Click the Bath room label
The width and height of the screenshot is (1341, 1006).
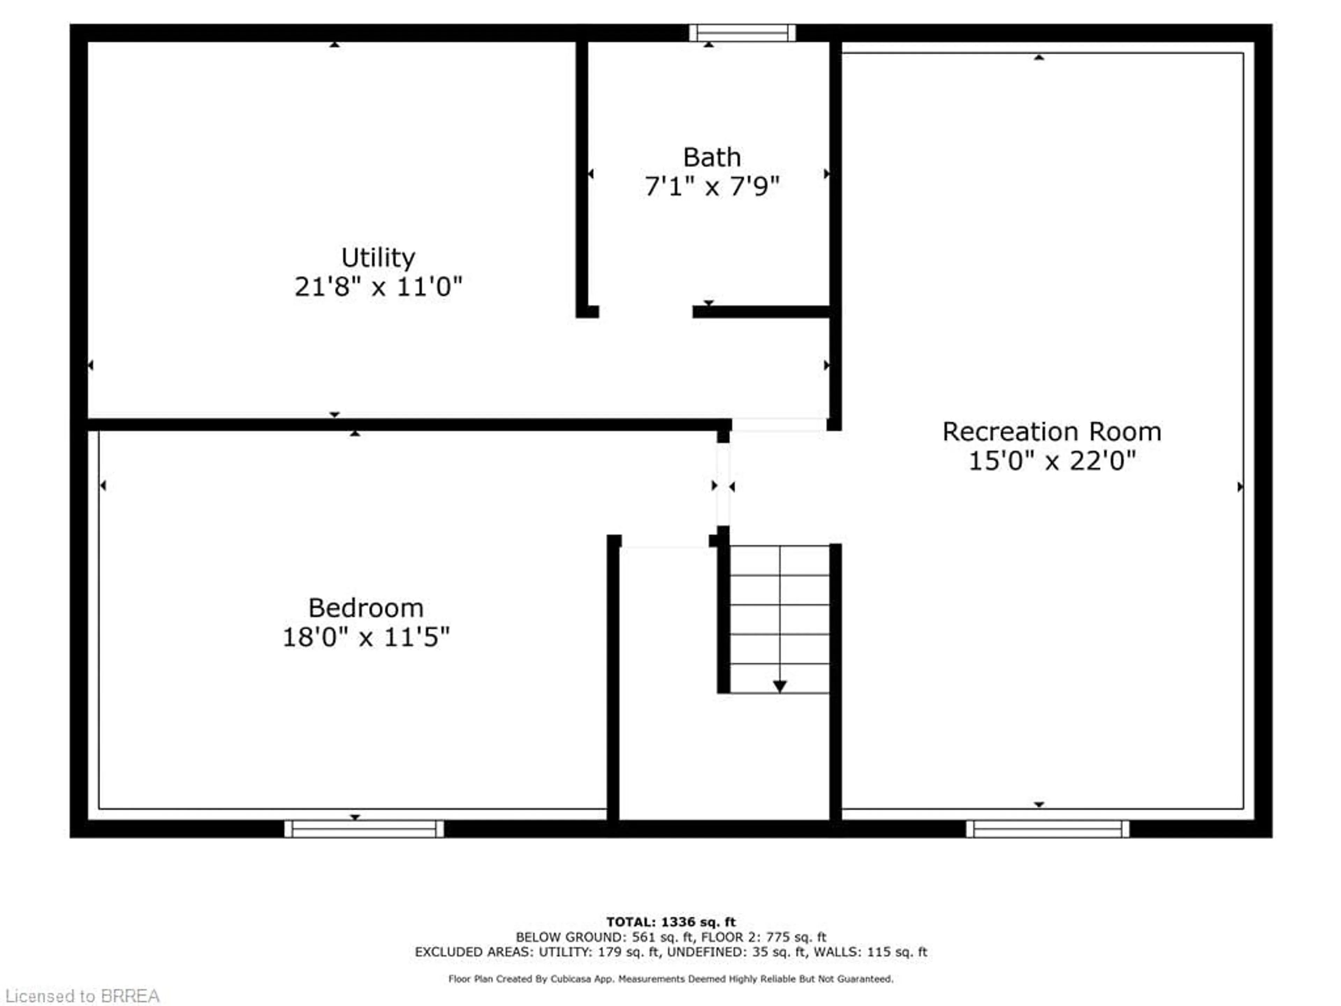click(712, 158)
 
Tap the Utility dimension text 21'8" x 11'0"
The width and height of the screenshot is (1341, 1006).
click(378, 286)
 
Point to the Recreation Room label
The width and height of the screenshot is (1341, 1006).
click(1051, 432)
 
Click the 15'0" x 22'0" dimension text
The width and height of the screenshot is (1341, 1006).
click(1051, 461)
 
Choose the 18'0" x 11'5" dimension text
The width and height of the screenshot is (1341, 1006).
click(366, 637)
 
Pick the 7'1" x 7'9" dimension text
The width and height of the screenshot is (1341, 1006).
click(712, 186)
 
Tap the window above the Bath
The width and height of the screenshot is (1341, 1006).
click(742, 33)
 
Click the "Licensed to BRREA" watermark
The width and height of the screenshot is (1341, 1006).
click(82, 996)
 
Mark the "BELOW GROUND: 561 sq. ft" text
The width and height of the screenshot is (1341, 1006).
click(603, 938)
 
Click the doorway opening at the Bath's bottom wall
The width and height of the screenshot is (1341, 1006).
click(646, 312)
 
